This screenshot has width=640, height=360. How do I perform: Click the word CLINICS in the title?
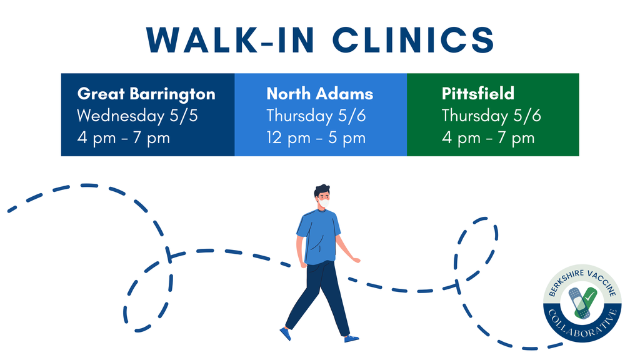coord(414,40)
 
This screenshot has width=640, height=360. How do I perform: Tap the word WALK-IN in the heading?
coord(230,41)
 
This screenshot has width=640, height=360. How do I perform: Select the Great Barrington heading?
coord(146,94)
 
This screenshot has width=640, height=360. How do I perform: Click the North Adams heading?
coord(319,94)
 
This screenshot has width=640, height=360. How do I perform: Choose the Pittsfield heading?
coord(478,94)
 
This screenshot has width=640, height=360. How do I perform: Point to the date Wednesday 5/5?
coord(137,116)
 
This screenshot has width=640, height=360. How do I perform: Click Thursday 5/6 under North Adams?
coord(316,116)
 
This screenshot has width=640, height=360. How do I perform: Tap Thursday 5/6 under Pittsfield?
coord(491,116)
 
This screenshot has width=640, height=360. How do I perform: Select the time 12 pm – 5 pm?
coord(316,138)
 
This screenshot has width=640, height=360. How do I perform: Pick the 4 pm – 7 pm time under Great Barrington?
coord(123,138)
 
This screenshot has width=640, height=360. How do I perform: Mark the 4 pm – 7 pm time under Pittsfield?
coord(488,138)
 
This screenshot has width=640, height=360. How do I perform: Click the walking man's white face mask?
coord(324,203)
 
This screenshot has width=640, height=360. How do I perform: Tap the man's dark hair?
coord(322,191)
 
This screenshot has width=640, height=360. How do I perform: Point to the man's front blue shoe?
coord(351,338)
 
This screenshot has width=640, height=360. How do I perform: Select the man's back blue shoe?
coord(285,334)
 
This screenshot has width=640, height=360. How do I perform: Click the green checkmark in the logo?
coord(586,302)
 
